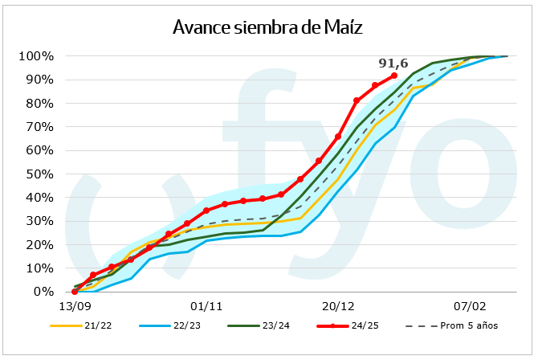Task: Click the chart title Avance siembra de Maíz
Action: (268, 28)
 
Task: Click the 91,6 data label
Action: (393, 62)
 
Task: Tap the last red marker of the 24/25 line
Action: (394, 76)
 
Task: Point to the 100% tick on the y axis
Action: (36, 56)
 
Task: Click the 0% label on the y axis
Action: (43, 292)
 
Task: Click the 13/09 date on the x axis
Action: (74, 306)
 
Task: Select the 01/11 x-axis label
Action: (206, 306)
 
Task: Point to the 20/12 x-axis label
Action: (338, 306)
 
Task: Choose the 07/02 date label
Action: (470, 306)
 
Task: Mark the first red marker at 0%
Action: (74, 292)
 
